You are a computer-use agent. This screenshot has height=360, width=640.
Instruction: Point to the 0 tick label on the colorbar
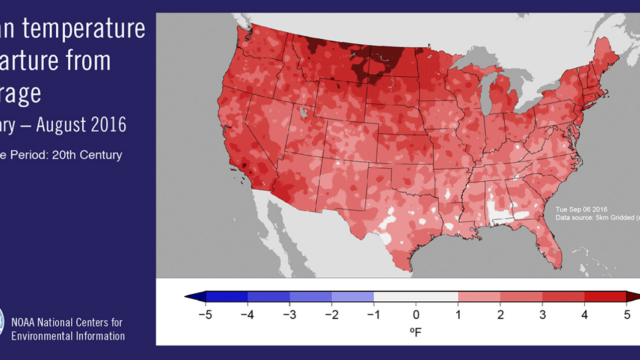(416, 315)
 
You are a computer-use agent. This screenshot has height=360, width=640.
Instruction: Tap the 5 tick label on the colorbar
(626, 315)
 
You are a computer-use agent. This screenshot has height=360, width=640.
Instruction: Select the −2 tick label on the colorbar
(331, 315)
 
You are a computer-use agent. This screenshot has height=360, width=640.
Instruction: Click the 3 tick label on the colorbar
(542, 315)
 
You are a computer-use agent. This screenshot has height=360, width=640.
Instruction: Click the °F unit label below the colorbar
(416, 332)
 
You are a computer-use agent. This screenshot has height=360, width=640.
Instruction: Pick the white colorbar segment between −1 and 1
(416, 297)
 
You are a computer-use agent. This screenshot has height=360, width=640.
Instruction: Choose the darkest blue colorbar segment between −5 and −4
(226, 297)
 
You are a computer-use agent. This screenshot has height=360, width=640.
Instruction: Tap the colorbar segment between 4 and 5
(605, 297)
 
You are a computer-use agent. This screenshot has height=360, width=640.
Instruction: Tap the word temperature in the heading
(83, 29)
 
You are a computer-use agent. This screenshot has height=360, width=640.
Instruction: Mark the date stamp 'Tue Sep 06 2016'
(581, 209)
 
